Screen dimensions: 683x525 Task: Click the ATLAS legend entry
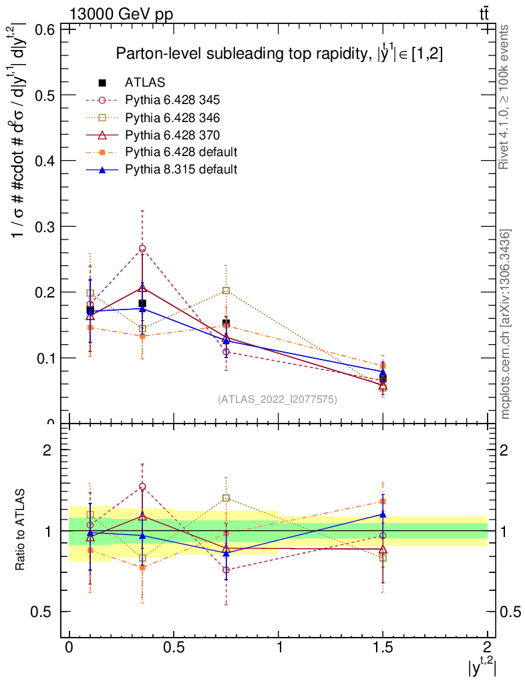pyautogui.click(x=146, y=83)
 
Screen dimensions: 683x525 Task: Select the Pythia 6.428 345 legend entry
pyautogui.click(x=172, y=100)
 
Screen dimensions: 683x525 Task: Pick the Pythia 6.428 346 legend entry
pyautogui.click(x=172, y=117)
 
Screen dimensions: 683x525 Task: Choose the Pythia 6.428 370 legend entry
pyautogui.click(x=172, y=135)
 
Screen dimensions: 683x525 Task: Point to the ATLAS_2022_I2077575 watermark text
pyautogui.click(x=277, y=400)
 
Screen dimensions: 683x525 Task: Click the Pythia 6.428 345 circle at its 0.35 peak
pyautogui.click(x=142, y=249)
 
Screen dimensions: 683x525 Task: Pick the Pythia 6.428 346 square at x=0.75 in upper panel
pyautogui.click(x=226, y=291)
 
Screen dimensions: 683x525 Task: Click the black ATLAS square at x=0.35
pyautogui.click(x=142, y=303)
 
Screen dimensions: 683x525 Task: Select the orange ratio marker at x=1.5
pyautogui.click(x=383, y=502)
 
